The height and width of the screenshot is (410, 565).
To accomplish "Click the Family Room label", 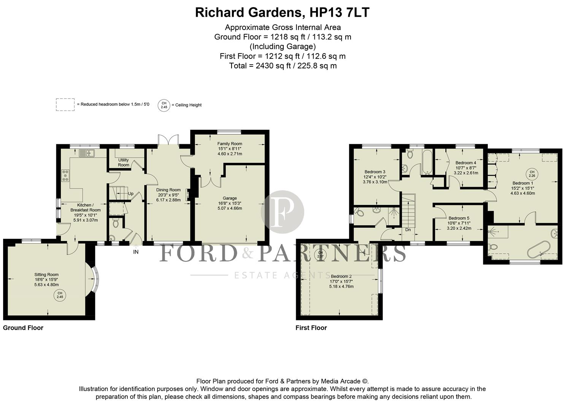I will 230,143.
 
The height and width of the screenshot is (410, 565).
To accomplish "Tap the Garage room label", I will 230,198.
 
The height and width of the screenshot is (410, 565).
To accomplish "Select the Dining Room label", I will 168,190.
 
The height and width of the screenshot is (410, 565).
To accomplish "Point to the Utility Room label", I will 124,162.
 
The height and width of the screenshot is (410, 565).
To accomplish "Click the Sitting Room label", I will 46,274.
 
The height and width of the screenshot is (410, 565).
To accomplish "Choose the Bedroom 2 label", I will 341,276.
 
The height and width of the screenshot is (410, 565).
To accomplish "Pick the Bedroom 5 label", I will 459,218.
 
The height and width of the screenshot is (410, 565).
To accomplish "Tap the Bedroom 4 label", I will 466,163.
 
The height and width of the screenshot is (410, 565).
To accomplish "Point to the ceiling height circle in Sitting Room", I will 60,295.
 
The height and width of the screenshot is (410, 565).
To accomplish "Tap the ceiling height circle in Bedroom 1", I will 532,174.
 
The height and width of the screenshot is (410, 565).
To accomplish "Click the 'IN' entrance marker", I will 136,252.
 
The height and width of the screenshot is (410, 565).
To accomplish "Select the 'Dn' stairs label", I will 408,230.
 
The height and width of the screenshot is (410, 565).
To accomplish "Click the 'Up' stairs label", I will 131,194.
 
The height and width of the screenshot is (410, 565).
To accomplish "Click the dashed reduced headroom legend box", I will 65,105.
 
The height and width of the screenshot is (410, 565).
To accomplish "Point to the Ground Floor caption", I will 23,328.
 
